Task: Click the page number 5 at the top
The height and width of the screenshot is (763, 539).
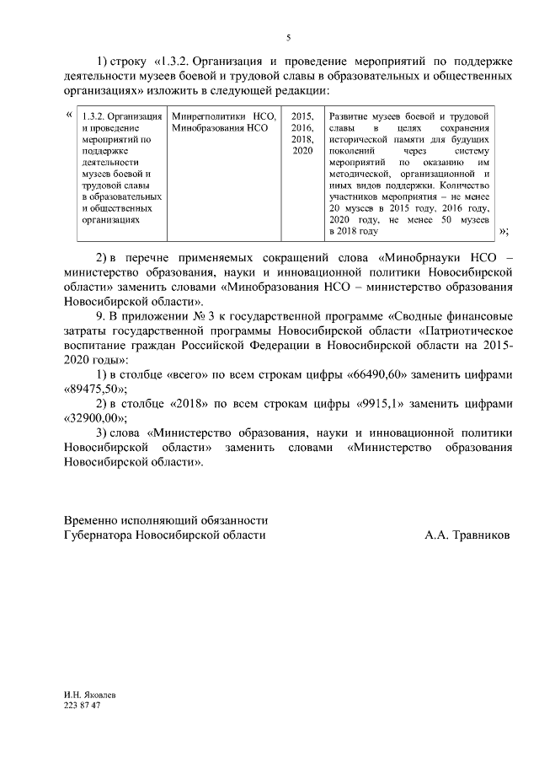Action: click(x=288, y=38)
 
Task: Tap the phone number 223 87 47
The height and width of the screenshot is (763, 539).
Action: click(x=82, y=705)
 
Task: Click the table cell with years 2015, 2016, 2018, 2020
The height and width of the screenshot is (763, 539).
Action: click(x=302, y=132)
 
